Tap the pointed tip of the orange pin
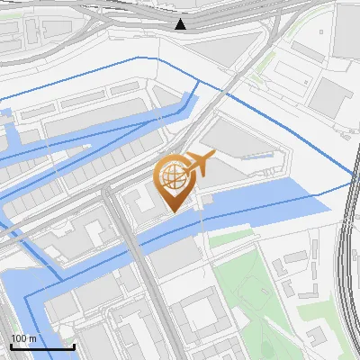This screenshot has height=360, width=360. (174, 212)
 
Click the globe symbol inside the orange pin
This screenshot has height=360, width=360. (174, 178)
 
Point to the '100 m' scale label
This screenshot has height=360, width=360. (24, 338)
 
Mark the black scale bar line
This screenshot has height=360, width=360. (42, 347)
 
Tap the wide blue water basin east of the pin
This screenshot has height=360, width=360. (270, 202)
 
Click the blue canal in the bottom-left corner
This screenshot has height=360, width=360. (18, 306)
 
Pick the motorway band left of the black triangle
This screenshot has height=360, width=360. (90, 13)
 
